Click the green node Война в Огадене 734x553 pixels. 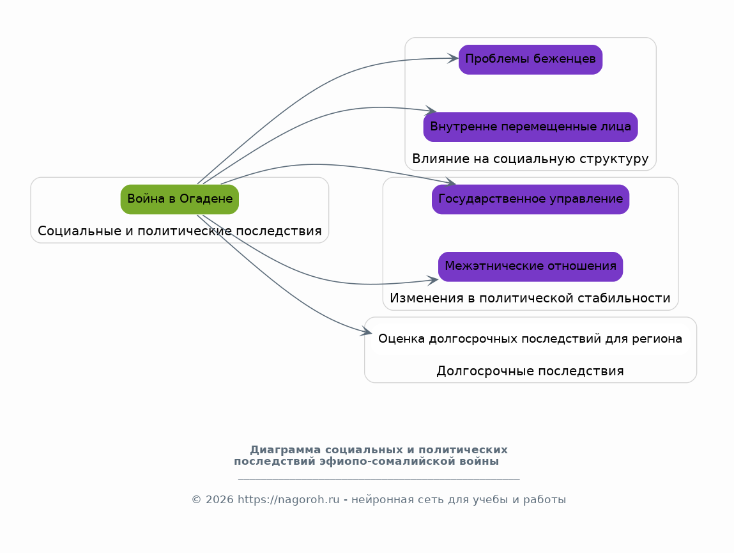coord(180,199)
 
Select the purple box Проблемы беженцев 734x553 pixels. coord(530,59)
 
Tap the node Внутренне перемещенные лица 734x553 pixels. coord(530,127)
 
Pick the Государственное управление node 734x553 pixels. coord(530,199)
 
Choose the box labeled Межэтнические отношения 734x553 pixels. coord(530,267)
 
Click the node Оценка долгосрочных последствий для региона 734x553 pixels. coord(530,339)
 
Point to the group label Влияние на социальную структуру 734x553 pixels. coord(530,159)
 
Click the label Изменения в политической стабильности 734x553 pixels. coord(530,298)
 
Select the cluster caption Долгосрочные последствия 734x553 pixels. coord(530,371)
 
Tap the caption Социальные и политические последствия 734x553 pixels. coord(180,231)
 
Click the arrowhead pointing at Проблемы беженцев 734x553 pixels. coord(453,59)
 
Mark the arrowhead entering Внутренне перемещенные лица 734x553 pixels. coord(431,111)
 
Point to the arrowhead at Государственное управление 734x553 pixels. coord(450,182)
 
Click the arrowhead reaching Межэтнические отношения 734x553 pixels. coord(432,280)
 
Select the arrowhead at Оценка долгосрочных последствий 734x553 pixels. coord(366,331)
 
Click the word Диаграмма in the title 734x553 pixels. coord(286,450)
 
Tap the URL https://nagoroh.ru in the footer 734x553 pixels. coord(288,499)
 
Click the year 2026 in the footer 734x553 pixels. coord(219,499)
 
